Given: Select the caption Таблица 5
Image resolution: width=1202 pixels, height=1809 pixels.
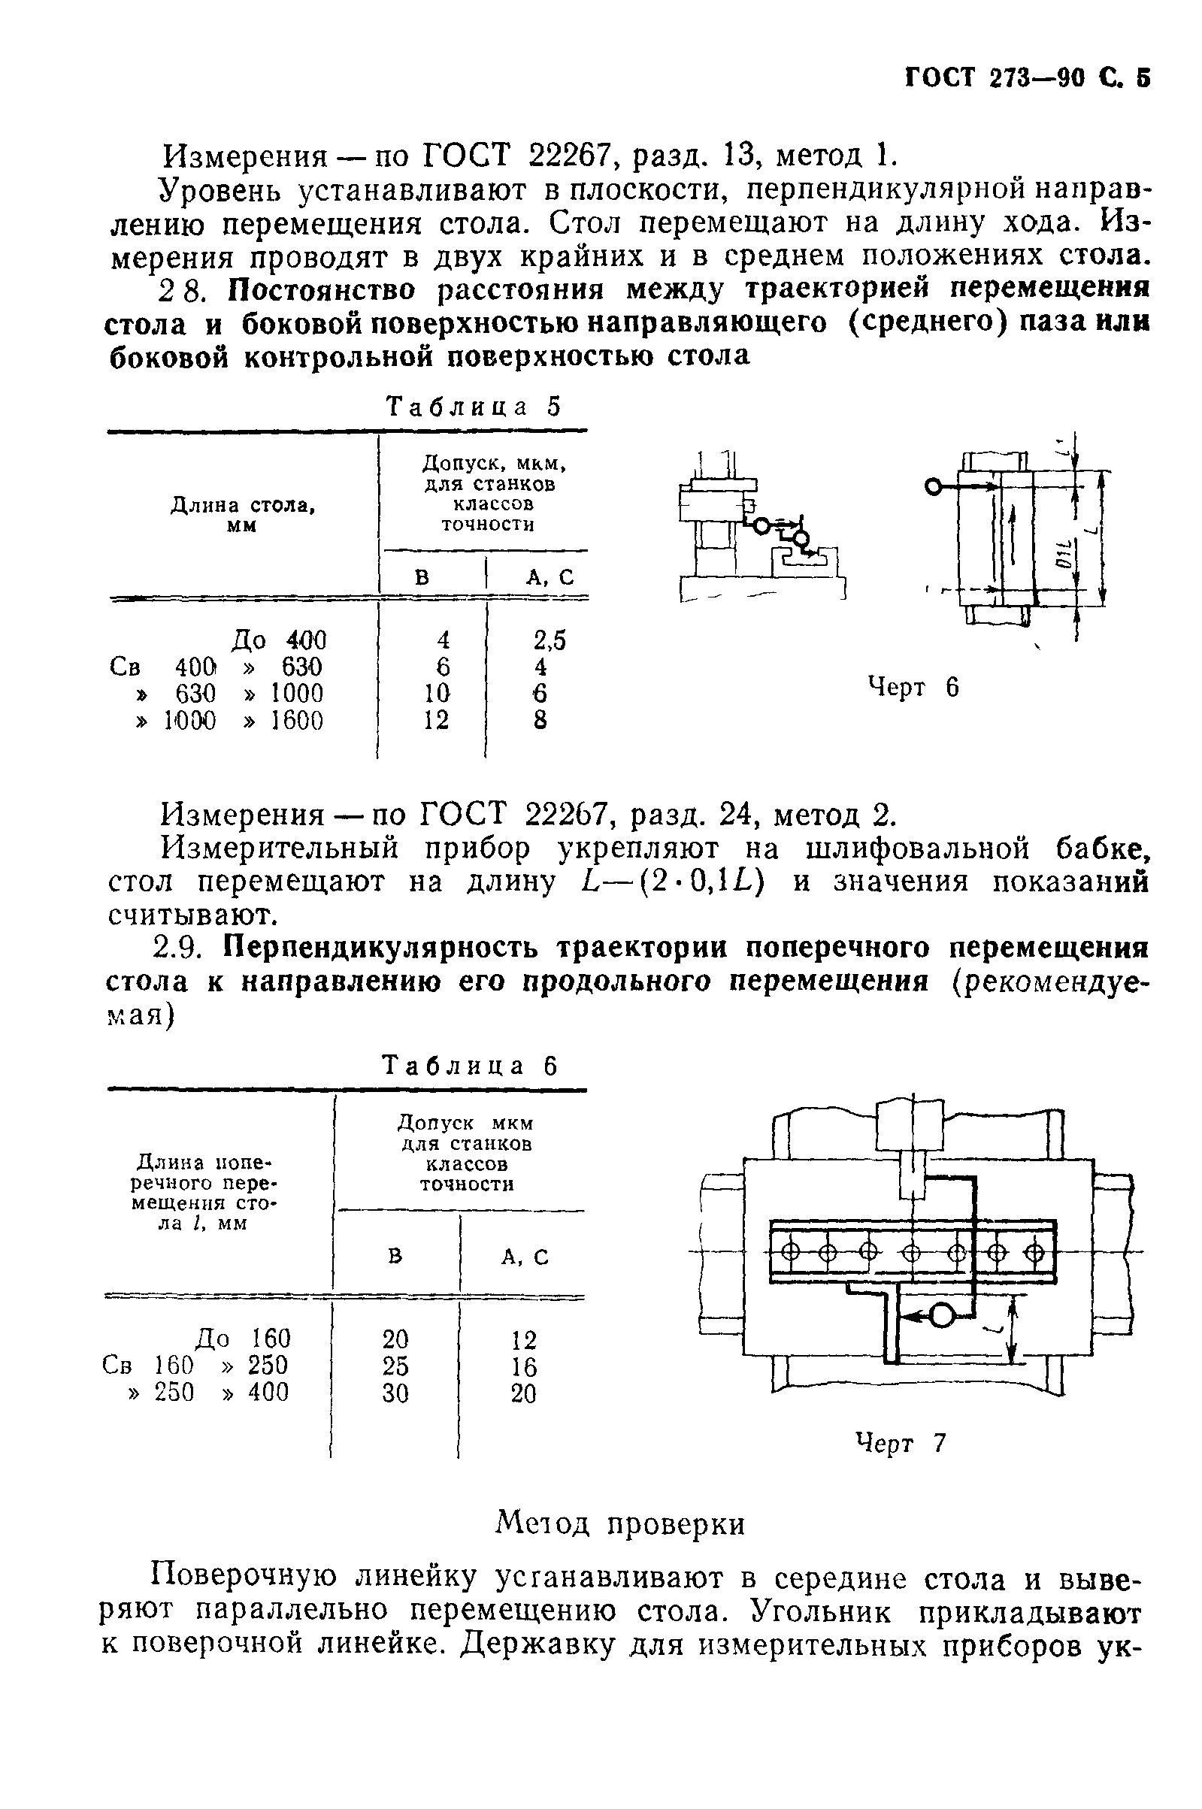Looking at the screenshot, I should click(x=474, y=406).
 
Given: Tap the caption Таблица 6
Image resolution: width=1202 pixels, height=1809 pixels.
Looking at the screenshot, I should click(x=470, y=1066).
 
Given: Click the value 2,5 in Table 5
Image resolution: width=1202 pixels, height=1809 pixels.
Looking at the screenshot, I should click(x=550, y=640).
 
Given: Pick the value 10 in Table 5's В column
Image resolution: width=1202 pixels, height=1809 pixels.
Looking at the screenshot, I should click(x=436, y=694).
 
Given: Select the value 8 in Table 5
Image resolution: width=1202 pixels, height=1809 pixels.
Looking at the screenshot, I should click(x=540, y=721).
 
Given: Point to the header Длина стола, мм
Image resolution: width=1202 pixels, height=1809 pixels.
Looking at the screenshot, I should click(x=242, y=515).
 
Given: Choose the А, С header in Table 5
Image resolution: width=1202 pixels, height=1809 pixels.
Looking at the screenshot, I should click(x=549, y=577).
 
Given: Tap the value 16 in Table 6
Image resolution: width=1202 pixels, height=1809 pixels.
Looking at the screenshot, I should click(x=524, y=1367).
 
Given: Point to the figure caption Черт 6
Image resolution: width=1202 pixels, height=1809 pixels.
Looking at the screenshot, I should click(x=913, y=687).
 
